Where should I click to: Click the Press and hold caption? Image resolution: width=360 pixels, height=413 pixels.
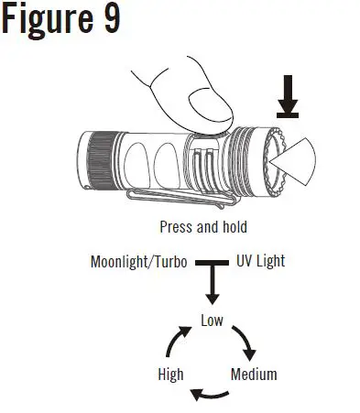(x=202, y=227)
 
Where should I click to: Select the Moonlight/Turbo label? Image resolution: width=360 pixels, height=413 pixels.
(x=138, y=261)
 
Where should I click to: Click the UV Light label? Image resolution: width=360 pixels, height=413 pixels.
(x=260, y=261)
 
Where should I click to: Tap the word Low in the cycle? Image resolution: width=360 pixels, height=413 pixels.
(x=213, y=320)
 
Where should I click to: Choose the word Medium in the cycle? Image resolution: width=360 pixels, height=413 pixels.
(x=254, y=375)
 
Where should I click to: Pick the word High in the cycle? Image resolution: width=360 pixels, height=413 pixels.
(x=170, y=375)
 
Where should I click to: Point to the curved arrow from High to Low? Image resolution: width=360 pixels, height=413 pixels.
(x=175, y=342)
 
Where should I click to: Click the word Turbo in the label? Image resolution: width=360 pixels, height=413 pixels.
(x=169, y=261)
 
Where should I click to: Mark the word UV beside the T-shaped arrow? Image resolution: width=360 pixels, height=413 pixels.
(x=245, y=261)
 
